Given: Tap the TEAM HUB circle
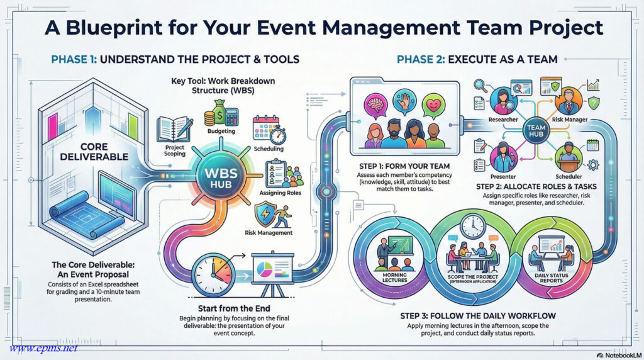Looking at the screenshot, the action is pos(536,131).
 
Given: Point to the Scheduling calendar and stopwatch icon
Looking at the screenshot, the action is pos(269,130).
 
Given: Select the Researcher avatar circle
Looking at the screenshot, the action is pos(503,101).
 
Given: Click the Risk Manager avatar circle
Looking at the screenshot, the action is pos(569,101).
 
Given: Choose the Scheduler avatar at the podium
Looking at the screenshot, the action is pos(569,157).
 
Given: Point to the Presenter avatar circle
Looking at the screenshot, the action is pos(503,157).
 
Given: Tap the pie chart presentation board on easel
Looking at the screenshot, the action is pos(273,273).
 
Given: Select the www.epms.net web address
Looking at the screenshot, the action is pos(43,348).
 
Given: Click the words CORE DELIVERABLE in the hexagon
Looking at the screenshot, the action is pos(94,152).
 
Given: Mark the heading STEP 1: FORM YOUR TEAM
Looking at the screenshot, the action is pos(404,166).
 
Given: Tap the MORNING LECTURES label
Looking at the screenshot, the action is pos(394,278).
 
